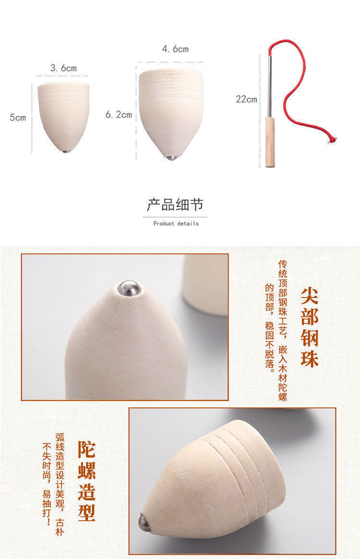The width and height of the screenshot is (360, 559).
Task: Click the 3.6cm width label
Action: (x=63, y=68)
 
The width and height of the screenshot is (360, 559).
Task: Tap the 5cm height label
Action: (x=18, y=117)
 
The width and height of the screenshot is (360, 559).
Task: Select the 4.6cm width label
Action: (x=175, y=49)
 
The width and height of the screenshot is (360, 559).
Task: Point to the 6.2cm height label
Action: (x=119, y=115)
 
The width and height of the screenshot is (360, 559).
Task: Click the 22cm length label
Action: (x=246, y=99)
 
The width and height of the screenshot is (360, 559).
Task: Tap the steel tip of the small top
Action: (x=66, y=151)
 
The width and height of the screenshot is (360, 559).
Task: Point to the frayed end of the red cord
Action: (x=331, y=140)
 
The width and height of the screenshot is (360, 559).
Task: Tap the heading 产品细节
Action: (x=175, y=205)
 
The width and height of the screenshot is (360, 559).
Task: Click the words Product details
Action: (x=176, y=224)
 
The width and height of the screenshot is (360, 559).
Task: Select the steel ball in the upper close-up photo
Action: (x=130, y=288)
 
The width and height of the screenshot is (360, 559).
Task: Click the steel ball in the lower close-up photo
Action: (x=144, y=523)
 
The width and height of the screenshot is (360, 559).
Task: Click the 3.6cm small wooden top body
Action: (x=63, y=115)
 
